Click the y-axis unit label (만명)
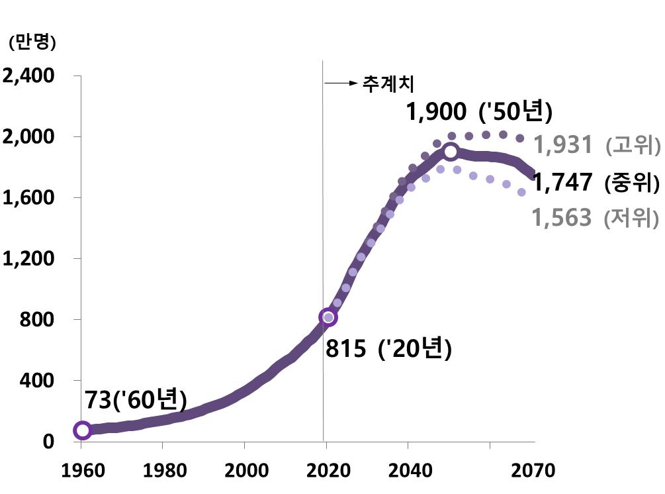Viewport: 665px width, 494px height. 32,42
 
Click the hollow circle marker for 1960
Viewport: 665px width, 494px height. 82,430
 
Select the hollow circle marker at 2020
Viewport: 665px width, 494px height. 328,318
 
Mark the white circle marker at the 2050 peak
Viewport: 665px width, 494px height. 451,152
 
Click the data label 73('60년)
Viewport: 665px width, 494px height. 136,401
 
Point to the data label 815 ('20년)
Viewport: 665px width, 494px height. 388,348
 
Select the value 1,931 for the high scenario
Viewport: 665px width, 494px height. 562,144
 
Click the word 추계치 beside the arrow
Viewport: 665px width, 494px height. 387,83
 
